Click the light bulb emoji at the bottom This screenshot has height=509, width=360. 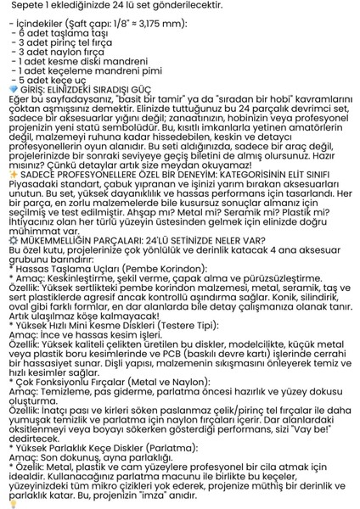coord(11,501)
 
